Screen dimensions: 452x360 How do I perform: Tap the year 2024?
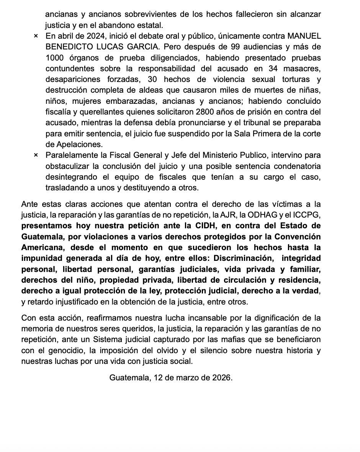[84, 36]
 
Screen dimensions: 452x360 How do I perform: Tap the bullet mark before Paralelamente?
[36, 156]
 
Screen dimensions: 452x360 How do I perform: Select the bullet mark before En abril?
[36, 36]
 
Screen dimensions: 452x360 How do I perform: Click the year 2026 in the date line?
[222, 377]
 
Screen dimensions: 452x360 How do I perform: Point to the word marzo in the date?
[178, 377]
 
